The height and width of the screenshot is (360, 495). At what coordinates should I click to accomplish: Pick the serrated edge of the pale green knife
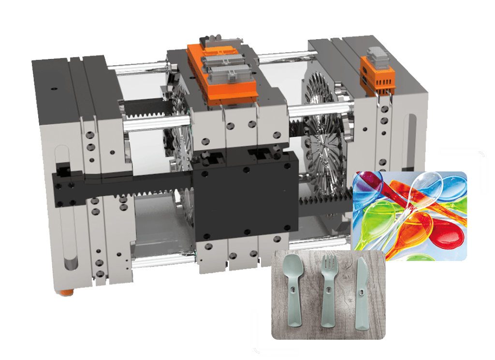[x=366, y=275]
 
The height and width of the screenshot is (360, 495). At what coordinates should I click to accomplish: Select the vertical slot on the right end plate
[x=414, y=140]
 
